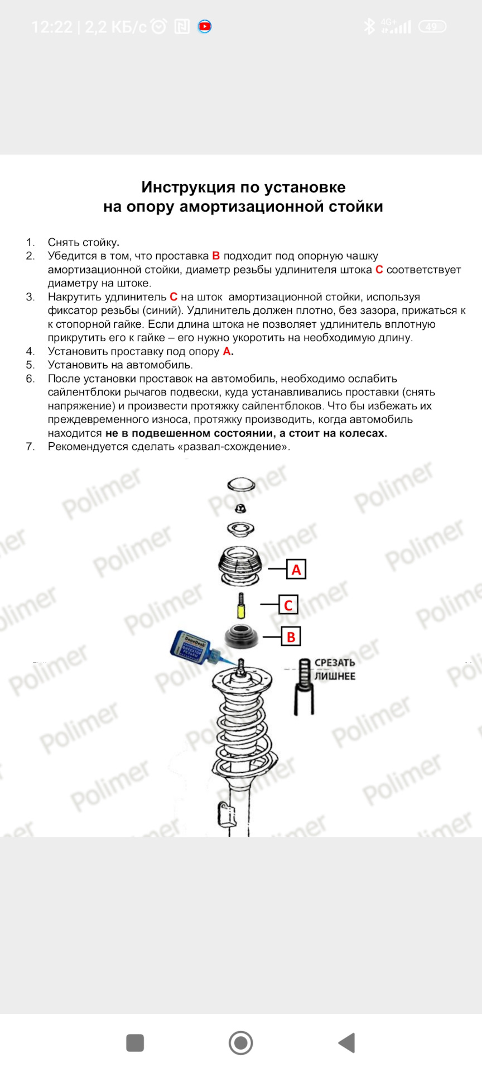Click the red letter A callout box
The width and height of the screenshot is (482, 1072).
[x=296, y=569]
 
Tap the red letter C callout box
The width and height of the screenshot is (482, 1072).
[x=288, y=605]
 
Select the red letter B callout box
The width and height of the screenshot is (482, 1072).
[x=291, y=636]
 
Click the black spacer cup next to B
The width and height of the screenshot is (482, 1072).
[x=242, y=637]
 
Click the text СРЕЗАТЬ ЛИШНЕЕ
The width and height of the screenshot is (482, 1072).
[x=334, y=669]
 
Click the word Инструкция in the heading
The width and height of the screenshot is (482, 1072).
[x=187, y=187]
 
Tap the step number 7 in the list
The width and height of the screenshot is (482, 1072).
[x=30, y=447]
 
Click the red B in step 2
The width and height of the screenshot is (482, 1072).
[x=216, y=256]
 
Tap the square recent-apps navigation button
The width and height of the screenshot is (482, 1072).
[x=135, y=1042]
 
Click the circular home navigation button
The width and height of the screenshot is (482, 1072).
[x=241, y=1042]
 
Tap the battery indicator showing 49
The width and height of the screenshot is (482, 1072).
[x=432, y=27]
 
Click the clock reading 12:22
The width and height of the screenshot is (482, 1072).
[x=52, y=27]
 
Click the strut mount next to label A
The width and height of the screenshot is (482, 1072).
[x=240, y=566]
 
